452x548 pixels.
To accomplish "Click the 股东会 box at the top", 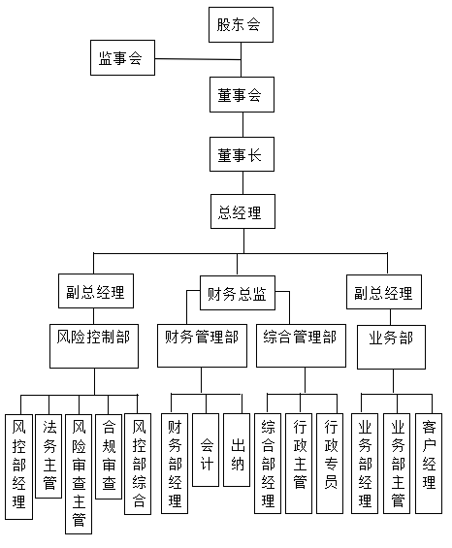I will point(240,24).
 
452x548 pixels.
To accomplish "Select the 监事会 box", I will point(121,59).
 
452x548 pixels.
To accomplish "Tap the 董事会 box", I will point(240,96).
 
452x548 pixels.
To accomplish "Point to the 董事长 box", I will point(240,153).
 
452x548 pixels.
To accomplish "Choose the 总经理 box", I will point(240,211).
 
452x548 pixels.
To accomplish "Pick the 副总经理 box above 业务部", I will point(383,292).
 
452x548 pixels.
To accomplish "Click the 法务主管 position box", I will point(49,454).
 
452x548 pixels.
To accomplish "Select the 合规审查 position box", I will point(110,454).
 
